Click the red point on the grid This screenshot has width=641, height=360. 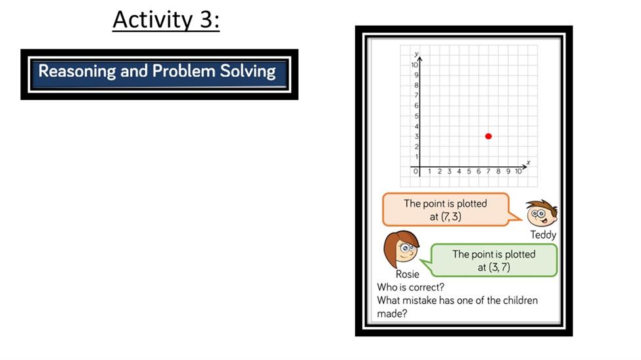488,136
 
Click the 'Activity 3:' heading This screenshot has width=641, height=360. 166,19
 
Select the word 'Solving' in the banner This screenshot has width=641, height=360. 248,71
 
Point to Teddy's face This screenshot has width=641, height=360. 542,213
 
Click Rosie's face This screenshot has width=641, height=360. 402,249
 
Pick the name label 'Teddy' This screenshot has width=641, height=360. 543,235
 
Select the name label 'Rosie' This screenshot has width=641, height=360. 407,274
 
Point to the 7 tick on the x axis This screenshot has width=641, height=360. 488,171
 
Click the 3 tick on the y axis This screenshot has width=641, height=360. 417,136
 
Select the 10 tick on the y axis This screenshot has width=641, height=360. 415,65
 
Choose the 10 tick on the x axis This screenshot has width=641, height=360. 518,171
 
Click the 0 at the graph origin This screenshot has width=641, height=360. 415,171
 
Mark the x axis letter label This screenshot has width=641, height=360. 528,162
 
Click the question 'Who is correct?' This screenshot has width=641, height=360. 410,287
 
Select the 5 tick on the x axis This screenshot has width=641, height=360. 469,171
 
